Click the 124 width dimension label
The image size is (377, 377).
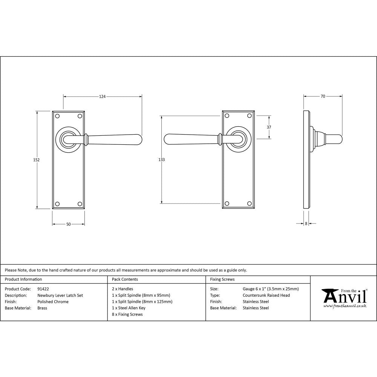point(102,97)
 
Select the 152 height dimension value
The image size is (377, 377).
point(37,160)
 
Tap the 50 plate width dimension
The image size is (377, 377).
point(68,224)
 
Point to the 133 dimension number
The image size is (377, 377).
point(161,160)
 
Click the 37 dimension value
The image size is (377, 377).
point(269,127)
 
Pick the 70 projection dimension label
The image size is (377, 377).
point(323,97)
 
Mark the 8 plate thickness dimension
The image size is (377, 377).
point(306,224)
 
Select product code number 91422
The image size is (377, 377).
point(43,289)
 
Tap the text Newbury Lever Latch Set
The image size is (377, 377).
point(60,296)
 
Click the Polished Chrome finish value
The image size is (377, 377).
point(53,302)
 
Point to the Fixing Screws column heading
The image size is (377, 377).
point(222,279)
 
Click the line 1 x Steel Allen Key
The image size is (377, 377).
point(129,308)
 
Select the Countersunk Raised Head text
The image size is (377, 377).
point(266,296)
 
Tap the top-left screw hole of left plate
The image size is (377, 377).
point(57,116)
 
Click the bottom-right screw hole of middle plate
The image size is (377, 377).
point(249,204)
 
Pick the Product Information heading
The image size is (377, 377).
point(23,279)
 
